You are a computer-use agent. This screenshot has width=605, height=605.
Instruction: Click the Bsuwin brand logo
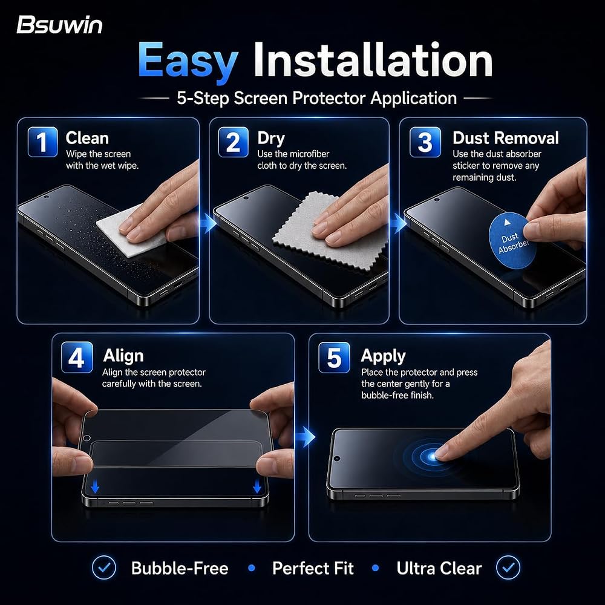click(x=59, y=25)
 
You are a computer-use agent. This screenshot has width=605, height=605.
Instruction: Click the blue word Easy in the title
click(x=188, y=61)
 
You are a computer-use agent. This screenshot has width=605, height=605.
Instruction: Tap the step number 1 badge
click(x=42, y=142)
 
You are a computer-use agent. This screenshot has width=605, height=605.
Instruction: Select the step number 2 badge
click(x=233, y=142)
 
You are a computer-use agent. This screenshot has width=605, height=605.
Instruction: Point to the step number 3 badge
click(x=425, y=142)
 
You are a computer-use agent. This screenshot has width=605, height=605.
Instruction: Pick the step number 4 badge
click(x=77, y=358)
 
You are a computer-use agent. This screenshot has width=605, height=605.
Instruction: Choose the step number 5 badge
click(x=334, y=358)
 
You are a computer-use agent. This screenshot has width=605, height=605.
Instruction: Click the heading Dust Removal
click(x=505, y=138)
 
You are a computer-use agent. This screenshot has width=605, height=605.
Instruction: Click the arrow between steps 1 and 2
click(x=209, y=223)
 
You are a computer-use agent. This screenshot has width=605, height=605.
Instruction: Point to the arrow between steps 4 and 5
click(x=306, y=437)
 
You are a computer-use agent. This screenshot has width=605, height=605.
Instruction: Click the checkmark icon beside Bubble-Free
click(x=104, y=567)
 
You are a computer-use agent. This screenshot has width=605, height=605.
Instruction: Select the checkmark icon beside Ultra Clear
click(x=508, y=567)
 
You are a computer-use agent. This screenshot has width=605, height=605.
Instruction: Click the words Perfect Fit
click(x=313, y=568)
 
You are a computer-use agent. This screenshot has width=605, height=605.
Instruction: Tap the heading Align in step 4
click(x=123, y=356)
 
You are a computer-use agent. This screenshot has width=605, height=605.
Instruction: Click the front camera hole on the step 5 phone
click(x=337, y=459)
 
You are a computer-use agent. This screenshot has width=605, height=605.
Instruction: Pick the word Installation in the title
click(x=373, y=60)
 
